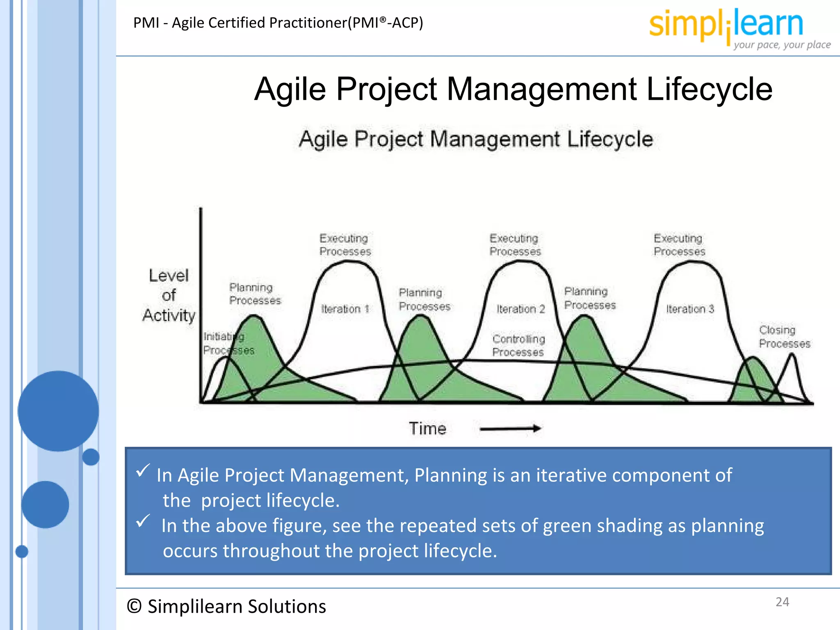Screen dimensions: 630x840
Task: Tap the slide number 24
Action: [x=782, y=602]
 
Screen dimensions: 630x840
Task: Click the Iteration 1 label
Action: [x=345, y=309]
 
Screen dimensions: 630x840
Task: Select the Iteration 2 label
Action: [x=520, y=309]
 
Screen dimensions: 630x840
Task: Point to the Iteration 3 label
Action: [x=690, y=309]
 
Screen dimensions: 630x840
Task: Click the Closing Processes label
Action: [x=784, y=337]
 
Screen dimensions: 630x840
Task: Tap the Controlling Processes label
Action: [x=518, y=345]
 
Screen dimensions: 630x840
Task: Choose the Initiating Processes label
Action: [x=228, y=343]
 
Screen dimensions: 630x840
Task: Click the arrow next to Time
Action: [x=510, y=429]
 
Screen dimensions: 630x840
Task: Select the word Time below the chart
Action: [x=427, y=429]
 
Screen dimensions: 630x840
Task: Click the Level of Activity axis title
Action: [x=169, y=295]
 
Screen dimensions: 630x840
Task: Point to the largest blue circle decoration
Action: [x=58, y=411]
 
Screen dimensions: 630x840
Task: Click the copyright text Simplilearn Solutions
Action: [x=226, y=606]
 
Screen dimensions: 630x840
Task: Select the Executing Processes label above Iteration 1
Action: [x=345, y=245]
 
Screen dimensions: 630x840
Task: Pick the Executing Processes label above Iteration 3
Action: [x=679, y=245]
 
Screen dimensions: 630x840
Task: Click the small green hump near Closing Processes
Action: [x=753, y=381]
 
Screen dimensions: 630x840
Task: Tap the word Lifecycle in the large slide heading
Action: [x=709, y=89]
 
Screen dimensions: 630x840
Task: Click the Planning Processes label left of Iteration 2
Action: [x=424, y=299]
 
